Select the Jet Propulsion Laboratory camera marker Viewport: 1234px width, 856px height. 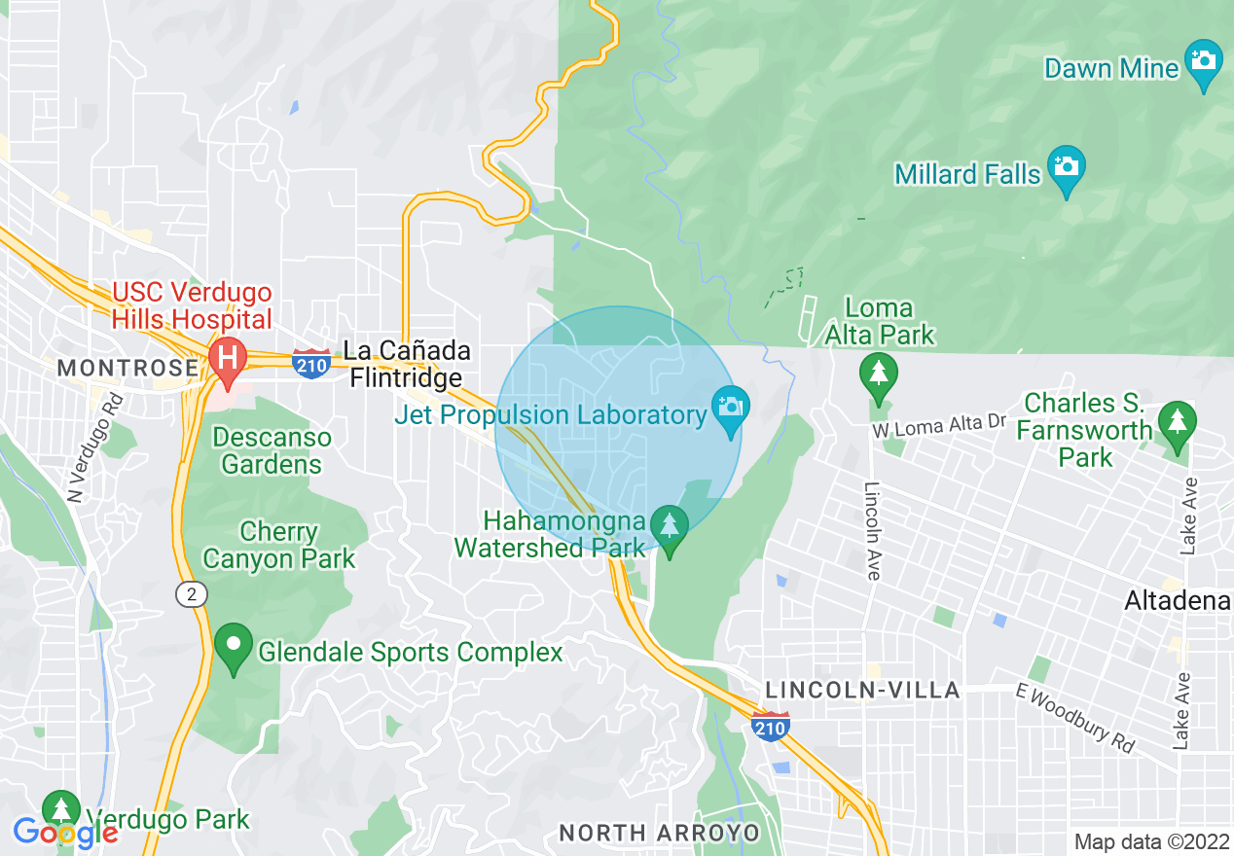730,408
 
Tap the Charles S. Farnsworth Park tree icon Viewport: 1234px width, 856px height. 1177,423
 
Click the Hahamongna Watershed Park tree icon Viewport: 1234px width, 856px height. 669,526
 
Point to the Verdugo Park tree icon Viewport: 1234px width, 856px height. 61,810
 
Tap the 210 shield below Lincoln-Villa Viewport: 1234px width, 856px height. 770,726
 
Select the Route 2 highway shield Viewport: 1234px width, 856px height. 191,593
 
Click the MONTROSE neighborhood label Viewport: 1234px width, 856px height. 127,368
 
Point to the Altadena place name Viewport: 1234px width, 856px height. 1177,601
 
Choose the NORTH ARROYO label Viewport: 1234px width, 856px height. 660,833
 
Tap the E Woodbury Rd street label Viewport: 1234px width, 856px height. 1074,717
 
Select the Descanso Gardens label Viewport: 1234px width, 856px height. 272,450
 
